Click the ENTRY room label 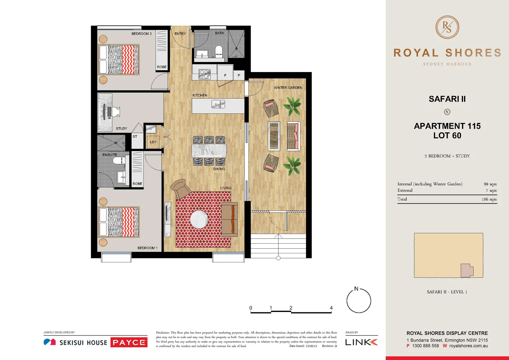(180, 34)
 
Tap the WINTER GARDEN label (288, 88)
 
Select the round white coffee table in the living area (199, 220)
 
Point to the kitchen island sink (218, 105)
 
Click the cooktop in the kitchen (204, 74)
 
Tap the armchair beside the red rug (180, 189)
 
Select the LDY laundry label (153, 142)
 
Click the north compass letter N (356, 289)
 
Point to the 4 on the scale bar (331, 308)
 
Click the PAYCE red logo (129, 342)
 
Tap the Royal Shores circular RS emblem (447, 27)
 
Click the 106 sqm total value (489, 199)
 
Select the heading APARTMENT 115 (447, 126)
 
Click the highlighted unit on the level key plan (466, 270)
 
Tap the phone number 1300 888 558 (425, 346)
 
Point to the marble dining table (209, 151)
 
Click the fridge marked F (225, 75)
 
